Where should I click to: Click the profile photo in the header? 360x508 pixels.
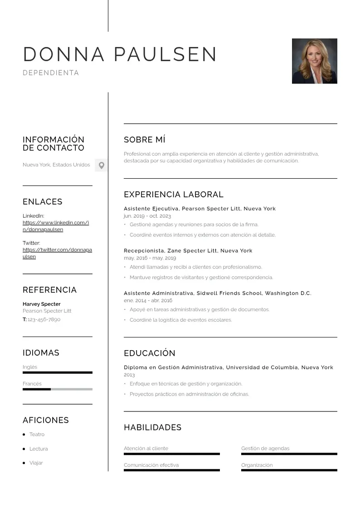click(x=314, y=61)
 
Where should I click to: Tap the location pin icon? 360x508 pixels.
click(x=102, y=166)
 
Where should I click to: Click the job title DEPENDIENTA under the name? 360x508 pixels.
click(x=51, y=73)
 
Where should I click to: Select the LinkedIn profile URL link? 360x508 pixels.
click(x=55, y=226)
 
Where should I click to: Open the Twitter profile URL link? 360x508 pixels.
click(x=57, y=253)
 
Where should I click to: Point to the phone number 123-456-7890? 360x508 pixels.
click(x=44, y=319)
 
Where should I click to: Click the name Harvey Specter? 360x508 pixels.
click(x=42, y=304)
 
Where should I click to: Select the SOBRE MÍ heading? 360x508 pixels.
click(x=145, y=140)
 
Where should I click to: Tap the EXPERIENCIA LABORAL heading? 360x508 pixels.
click(x=174, y=195)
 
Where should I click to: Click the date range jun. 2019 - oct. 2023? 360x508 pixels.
click(x=147, y=216)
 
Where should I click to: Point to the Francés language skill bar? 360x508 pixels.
click(x=58, y=389)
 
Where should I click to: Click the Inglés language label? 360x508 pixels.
click(x=30, y=367)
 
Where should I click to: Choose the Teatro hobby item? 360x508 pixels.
click(x=37, y=435)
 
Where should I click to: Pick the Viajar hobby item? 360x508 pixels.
click(x=36, y=463)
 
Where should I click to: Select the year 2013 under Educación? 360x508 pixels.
click(x=129, y=375)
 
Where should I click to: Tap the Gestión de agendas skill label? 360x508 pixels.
click(x=265, y=448)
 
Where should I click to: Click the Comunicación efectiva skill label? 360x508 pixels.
click(x=151, y=465)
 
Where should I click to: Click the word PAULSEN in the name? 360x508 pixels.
click(x=165, y=54)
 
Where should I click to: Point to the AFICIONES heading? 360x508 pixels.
click(x=46, y=420)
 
